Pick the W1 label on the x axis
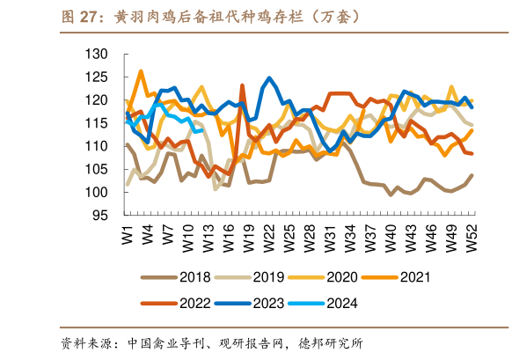tap(128, 238)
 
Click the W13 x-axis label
tap(208, 240)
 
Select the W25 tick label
tap(289, 240)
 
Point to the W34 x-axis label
tap(350, 240)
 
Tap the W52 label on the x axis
tap(472, 240)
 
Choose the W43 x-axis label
tap(411, 240)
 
